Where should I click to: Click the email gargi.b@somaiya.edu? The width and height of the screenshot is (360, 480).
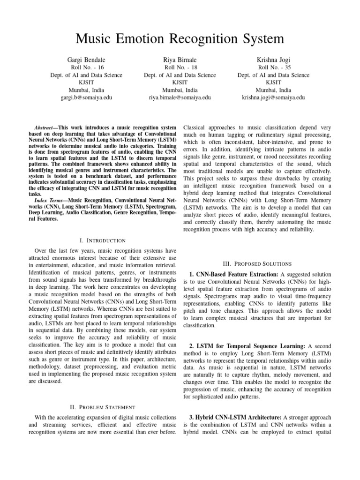click(x=86, y=97)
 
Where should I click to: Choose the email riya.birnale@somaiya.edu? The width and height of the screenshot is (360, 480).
click(x=180, y=97)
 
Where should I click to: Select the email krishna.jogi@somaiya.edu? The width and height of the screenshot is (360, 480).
click(x=273, y=97)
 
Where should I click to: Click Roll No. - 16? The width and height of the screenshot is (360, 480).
click(x=86, y=67)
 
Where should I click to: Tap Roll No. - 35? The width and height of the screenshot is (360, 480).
click(x=273, y=67)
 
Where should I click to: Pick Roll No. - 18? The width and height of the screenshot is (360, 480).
click(x=180, y=67)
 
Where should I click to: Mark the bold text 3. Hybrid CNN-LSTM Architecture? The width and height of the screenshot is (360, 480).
click(x=234, y=417)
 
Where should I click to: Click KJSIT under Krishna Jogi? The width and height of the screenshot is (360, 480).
click(x=273, y=82)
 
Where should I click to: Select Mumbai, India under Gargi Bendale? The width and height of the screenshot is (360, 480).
click(x=86, y=90)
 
